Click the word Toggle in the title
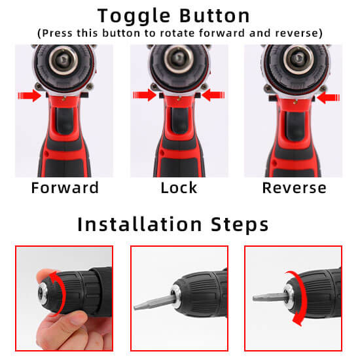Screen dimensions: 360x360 pos(134,16)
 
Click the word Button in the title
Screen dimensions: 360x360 pos(215,16)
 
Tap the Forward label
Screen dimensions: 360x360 pos(65,188)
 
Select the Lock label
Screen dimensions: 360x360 pos(179,188)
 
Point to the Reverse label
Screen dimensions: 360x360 pos(294,188)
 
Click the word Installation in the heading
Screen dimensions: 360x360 pos(139,224)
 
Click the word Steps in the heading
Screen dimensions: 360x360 pos(240,225)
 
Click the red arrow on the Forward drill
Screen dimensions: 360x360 pos(29,96)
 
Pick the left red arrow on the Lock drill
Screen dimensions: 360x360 pos(145,95)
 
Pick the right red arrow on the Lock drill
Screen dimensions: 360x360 pos(213,95)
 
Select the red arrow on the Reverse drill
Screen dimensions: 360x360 pos(329,98)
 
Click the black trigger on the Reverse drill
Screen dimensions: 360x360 pos(295,126)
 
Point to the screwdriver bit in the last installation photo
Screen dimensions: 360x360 pos(269,297)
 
